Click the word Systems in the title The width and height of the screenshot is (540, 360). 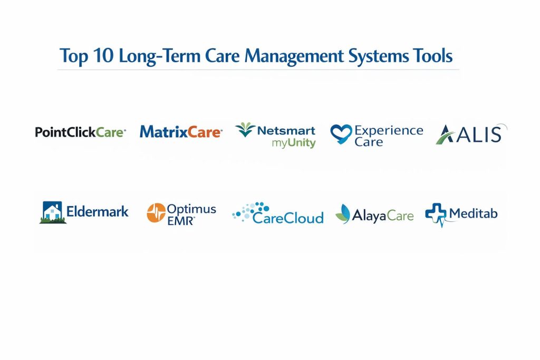[x=378, y=56]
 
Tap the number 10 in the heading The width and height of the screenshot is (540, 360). [x=103, y=55]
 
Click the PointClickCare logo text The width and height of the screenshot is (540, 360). [x=80, y=132]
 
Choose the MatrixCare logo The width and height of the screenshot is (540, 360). [x=181, y=132]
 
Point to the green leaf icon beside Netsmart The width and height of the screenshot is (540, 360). [x=245, y=130]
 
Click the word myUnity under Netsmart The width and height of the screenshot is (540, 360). [x=293, y=143]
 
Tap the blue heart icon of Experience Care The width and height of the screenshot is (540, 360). [x=341, y=133]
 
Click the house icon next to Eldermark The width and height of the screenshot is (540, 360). [x=52, y=212]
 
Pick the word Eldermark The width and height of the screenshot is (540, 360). [x=97, y=211]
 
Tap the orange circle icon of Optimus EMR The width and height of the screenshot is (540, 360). [x=156, y=213]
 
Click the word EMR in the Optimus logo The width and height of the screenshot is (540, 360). [x=181, y=221]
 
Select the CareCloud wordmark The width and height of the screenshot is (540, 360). [x=288, y=218]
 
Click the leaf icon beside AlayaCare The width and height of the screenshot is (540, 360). [x=343, y=214]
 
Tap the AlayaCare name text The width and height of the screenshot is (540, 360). [x=383, y=216]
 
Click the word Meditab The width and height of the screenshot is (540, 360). [x=473, y=213]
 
